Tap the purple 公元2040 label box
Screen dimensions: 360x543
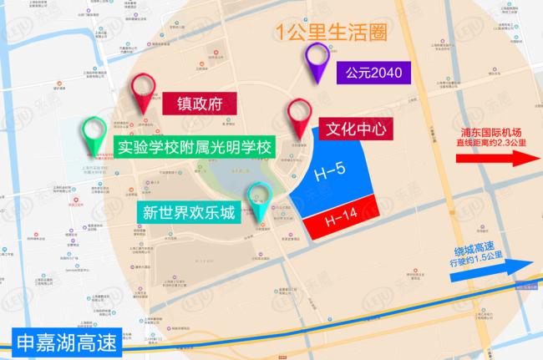pyautogui.click(x=369, y=73)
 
